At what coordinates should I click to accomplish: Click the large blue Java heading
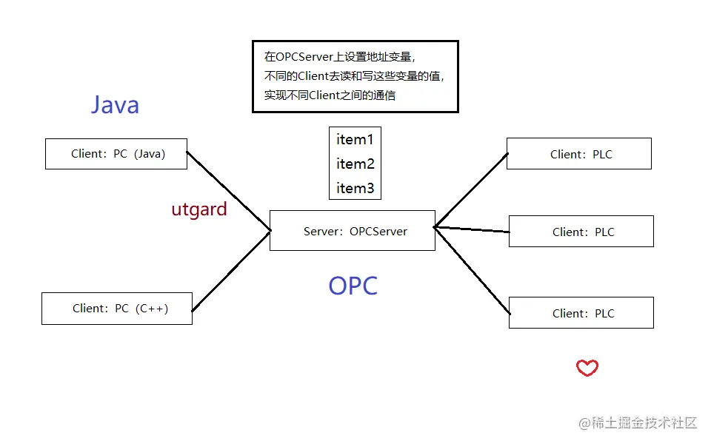(x=116, y=104)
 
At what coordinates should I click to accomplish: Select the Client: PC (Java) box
(x=116, y=154)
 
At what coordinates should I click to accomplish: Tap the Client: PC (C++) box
(x=117, y=309)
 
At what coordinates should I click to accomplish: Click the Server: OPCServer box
(x=353, y=231)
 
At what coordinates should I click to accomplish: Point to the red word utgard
(x=199, y=209)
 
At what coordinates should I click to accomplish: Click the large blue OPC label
(x=353, y=286)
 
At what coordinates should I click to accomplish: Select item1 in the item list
(x=355, y=140)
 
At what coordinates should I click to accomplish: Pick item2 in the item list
(x=355, y=164)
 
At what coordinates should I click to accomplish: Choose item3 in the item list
(x=355, y=188)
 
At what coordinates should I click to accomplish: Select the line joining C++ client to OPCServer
(x=231, y=271)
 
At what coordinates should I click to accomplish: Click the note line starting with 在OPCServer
(x=340, y=57)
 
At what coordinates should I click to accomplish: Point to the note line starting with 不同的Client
(x=354, y=76)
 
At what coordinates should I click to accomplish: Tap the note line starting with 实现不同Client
(x=330, y=95)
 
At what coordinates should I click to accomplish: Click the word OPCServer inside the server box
(x=378, y=232)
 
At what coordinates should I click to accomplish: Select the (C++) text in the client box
(x=152, y=309)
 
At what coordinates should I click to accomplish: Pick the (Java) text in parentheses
(x=150, y=154)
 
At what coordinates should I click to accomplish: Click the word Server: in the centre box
(x=323, y=232)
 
